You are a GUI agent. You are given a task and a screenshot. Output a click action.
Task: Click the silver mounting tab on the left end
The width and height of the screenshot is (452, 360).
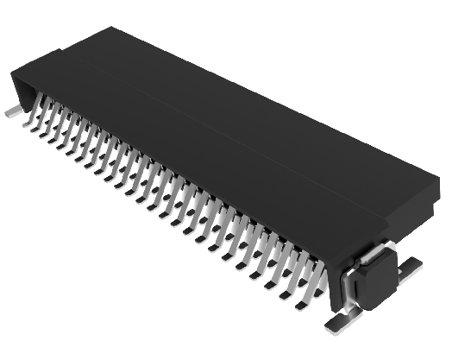(11, 111)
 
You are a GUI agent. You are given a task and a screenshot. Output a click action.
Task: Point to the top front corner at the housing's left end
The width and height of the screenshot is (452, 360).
(12, 73)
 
